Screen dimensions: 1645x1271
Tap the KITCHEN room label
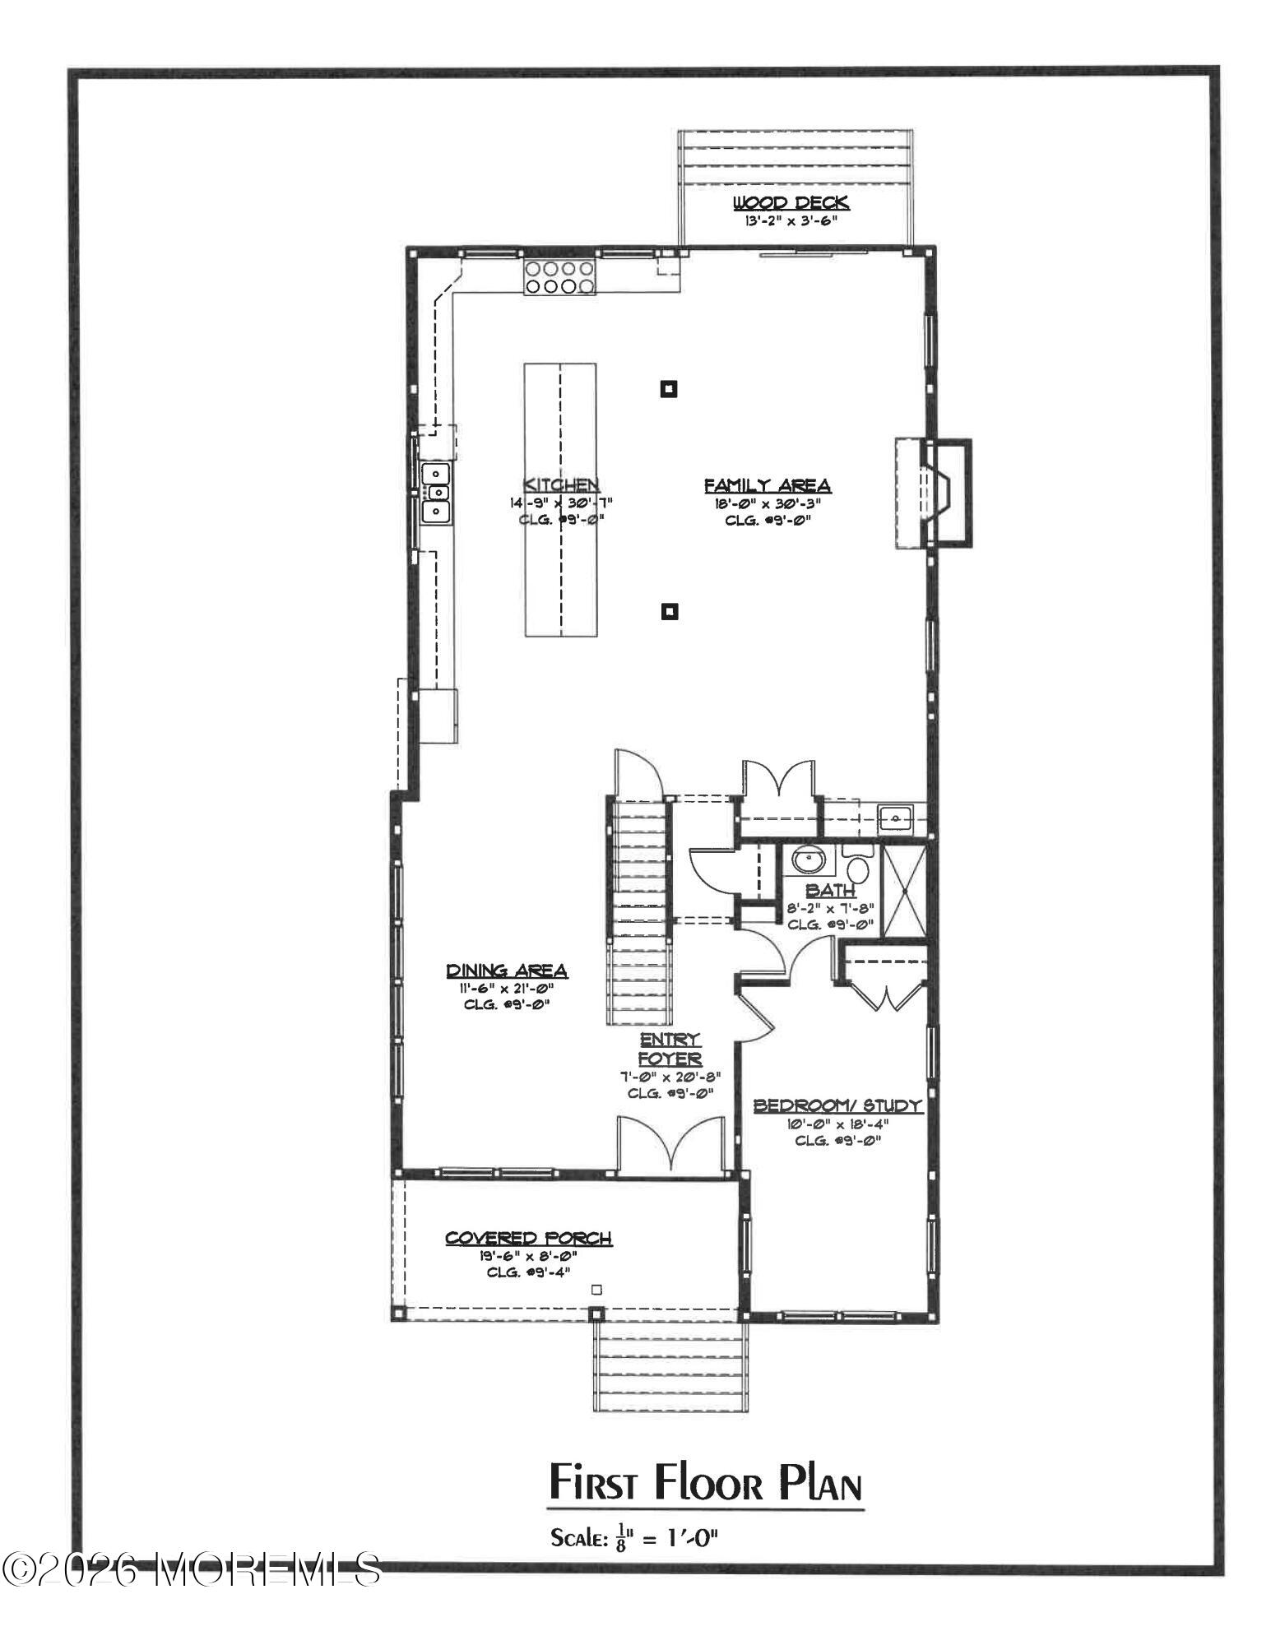561,484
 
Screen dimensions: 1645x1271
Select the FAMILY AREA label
767,486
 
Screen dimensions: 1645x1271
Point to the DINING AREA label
507,971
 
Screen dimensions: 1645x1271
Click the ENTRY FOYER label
670,1049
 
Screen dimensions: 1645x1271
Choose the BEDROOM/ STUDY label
838,1106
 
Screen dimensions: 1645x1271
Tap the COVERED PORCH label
528,1238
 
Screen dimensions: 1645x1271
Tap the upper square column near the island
669,389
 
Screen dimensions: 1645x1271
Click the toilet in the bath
858,867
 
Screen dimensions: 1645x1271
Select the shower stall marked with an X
903,889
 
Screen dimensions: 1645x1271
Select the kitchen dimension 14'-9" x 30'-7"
560,503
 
